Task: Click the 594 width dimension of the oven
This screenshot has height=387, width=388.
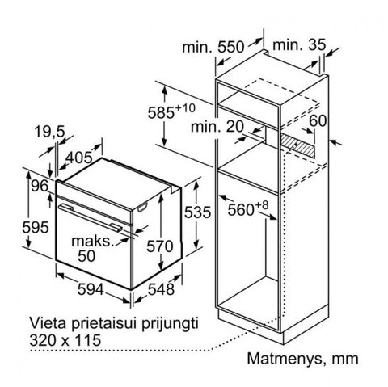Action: pos(91,290)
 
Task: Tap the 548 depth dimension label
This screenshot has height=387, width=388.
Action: pos(161,290)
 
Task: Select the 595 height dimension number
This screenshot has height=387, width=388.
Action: pos(36,227)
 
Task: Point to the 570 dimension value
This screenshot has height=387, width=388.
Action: pos(160,246)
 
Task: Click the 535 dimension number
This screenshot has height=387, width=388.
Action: pos(197,212)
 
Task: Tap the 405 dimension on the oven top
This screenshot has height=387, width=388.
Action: pos(79,158)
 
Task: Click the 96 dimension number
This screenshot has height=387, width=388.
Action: pos(40,186)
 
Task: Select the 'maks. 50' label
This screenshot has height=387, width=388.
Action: pos(91,248)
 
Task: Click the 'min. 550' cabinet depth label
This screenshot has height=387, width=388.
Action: pos(213,47)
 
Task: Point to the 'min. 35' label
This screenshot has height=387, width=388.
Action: pos(299,44)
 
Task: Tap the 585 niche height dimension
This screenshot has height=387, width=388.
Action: pos(171,111)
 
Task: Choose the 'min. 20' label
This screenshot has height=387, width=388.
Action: pos(217,126)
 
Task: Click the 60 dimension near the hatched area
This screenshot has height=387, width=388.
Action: pos(318,120)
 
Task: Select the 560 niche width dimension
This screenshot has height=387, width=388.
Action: pos(248,208)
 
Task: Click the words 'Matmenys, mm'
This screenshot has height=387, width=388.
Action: pos(303,359)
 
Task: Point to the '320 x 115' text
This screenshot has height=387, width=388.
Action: pos(65,340)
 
